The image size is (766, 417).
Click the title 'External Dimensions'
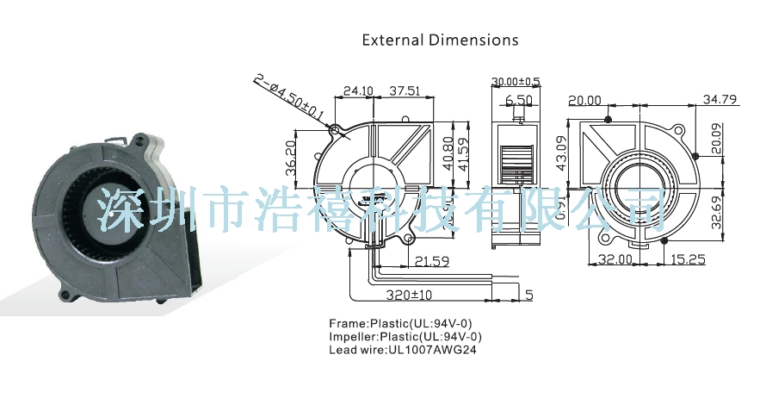tap(440, 40)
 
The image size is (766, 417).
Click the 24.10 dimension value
tap(357, 90)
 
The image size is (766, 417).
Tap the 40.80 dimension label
tap(448, 153)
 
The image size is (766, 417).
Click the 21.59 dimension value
tap(431, 259)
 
